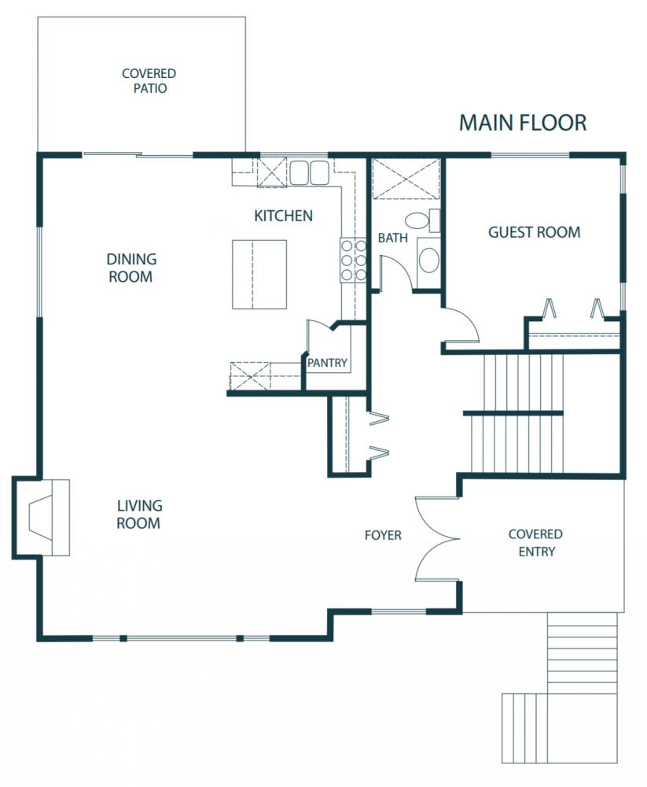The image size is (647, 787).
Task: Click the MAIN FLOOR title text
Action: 523,123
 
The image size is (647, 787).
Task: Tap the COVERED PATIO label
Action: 149,81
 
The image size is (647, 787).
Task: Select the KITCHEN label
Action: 283,216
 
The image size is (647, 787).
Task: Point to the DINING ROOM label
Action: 131,268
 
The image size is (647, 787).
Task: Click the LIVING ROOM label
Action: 139,515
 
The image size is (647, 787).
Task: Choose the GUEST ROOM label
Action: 534,232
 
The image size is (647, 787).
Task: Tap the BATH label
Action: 393,238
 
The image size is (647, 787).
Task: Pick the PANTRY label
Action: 327,362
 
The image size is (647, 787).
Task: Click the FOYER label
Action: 383,535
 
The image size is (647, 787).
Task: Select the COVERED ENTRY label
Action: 535,542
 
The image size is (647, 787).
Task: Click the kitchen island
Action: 259,274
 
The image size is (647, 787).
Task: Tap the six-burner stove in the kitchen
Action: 353,260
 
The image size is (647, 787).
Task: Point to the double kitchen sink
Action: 309,172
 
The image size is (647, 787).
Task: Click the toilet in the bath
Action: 422,221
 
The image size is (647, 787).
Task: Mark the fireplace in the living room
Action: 41,518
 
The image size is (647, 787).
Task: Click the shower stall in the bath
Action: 406,178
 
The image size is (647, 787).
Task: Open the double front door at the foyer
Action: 437,539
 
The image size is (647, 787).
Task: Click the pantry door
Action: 319,336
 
